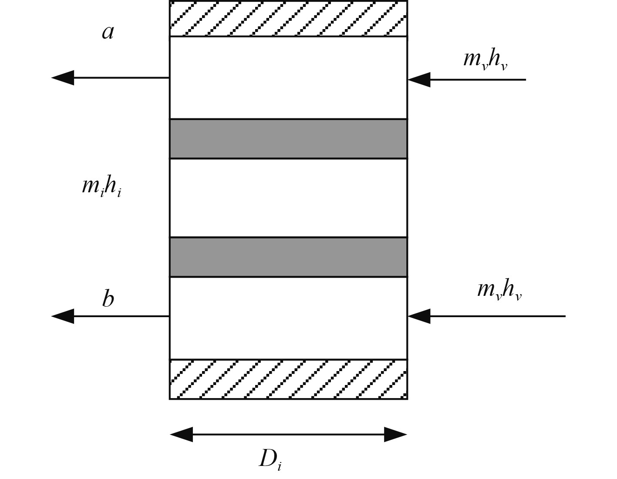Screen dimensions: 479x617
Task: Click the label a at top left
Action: click(108, 32)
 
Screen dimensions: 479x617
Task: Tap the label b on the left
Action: click(108, 299)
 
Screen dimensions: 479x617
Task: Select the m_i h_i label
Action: click(101, 187)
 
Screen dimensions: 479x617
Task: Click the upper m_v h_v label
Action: click(485, 59)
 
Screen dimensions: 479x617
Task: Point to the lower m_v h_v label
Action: click(499, 289)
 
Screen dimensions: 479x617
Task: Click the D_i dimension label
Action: click(270, 459)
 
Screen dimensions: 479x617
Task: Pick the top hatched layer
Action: click(288, 19)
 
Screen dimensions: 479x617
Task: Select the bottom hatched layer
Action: click(288, 379)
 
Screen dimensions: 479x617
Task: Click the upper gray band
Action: click(288, 139)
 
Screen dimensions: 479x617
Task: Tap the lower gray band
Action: click(288, 257)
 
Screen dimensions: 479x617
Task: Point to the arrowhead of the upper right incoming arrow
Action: click(419, 80)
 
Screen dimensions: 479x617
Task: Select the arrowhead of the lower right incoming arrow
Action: click(419, 316)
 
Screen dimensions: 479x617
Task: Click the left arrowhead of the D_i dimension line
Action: click(181, 434)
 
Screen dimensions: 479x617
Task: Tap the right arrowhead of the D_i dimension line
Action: click(395, 434)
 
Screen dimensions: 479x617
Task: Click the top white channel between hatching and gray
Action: click(288, 77)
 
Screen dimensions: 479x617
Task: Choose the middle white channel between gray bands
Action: click(288, 198)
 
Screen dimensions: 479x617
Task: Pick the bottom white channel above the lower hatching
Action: click(288, 318)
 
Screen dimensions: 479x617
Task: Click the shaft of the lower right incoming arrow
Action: click(496, 316)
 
